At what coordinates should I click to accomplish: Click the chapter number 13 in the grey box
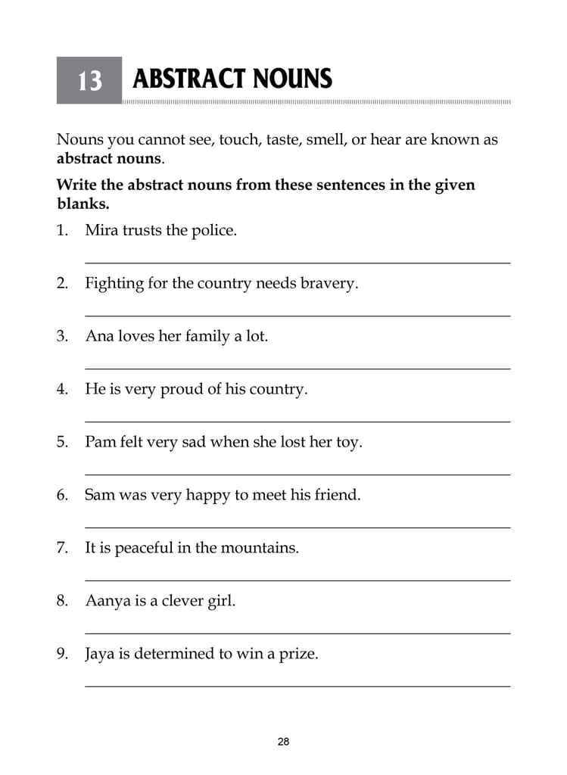tap(89, 80)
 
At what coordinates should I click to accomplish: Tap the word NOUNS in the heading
tap(291, 79)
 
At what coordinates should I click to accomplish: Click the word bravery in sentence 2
tap(329, 284)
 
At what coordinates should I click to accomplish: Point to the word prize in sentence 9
tap(299, 654)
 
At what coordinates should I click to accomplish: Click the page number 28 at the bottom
tap(283, 742)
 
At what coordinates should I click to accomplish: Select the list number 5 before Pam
tap(61, 442)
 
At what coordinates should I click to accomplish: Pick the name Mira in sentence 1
tap(101, 230)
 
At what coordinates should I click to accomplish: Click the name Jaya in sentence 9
tap(101, 654)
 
